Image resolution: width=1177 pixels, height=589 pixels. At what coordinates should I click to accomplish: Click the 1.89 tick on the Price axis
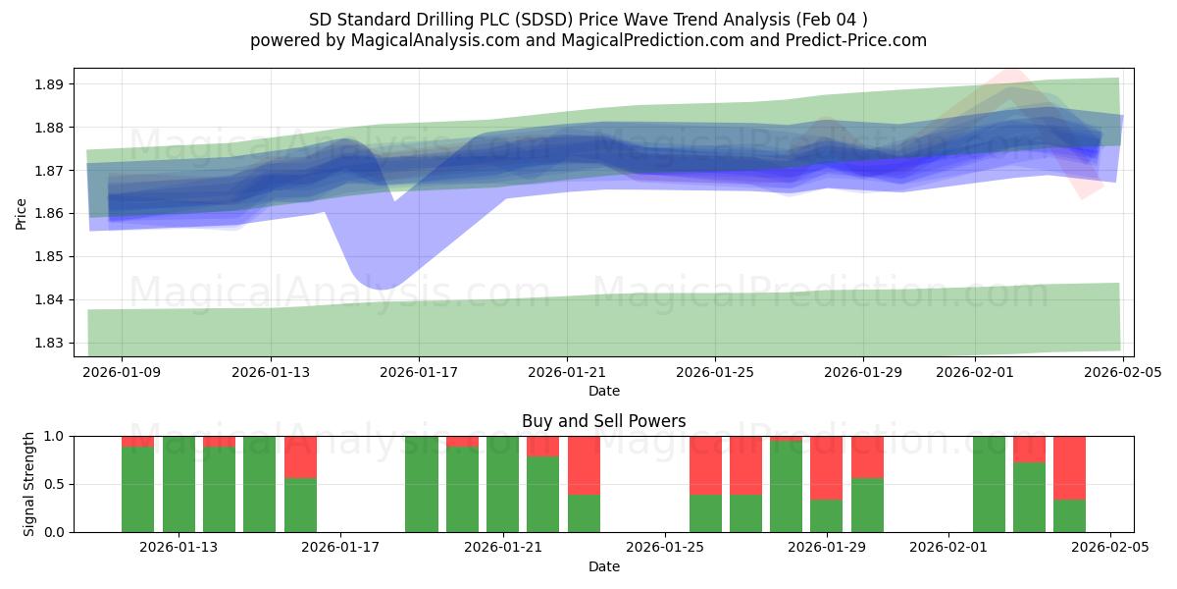click(49, 84)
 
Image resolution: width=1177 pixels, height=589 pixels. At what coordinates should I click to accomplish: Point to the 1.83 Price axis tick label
click(49, 343)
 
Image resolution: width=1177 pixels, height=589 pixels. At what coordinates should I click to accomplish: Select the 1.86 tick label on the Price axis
click(49, 214)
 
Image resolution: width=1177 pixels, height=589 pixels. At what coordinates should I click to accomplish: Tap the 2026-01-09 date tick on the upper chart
click(123, 372)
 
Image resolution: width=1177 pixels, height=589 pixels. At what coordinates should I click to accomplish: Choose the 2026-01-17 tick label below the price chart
click(419, 372)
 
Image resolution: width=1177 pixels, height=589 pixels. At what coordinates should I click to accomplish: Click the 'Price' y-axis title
click(22, 212)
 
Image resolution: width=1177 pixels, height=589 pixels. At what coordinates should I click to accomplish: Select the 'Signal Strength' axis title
click(29, 484)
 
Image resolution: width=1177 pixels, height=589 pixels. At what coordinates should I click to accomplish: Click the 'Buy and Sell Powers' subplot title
click(603, 421)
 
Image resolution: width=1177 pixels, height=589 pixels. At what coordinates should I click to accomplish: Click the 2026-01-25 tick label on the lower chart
click(665, 548)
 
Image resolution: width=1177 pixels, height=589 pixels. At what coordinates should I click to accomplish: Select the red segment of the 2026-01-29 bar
click(827, 467)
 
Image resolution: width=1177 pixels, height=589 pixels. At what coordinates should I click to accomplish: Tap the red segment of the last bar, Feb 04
click(1069, 467)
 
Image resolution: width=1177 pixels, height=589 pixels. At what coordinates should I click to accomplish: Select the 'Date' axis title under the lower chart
click(603, 566)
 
